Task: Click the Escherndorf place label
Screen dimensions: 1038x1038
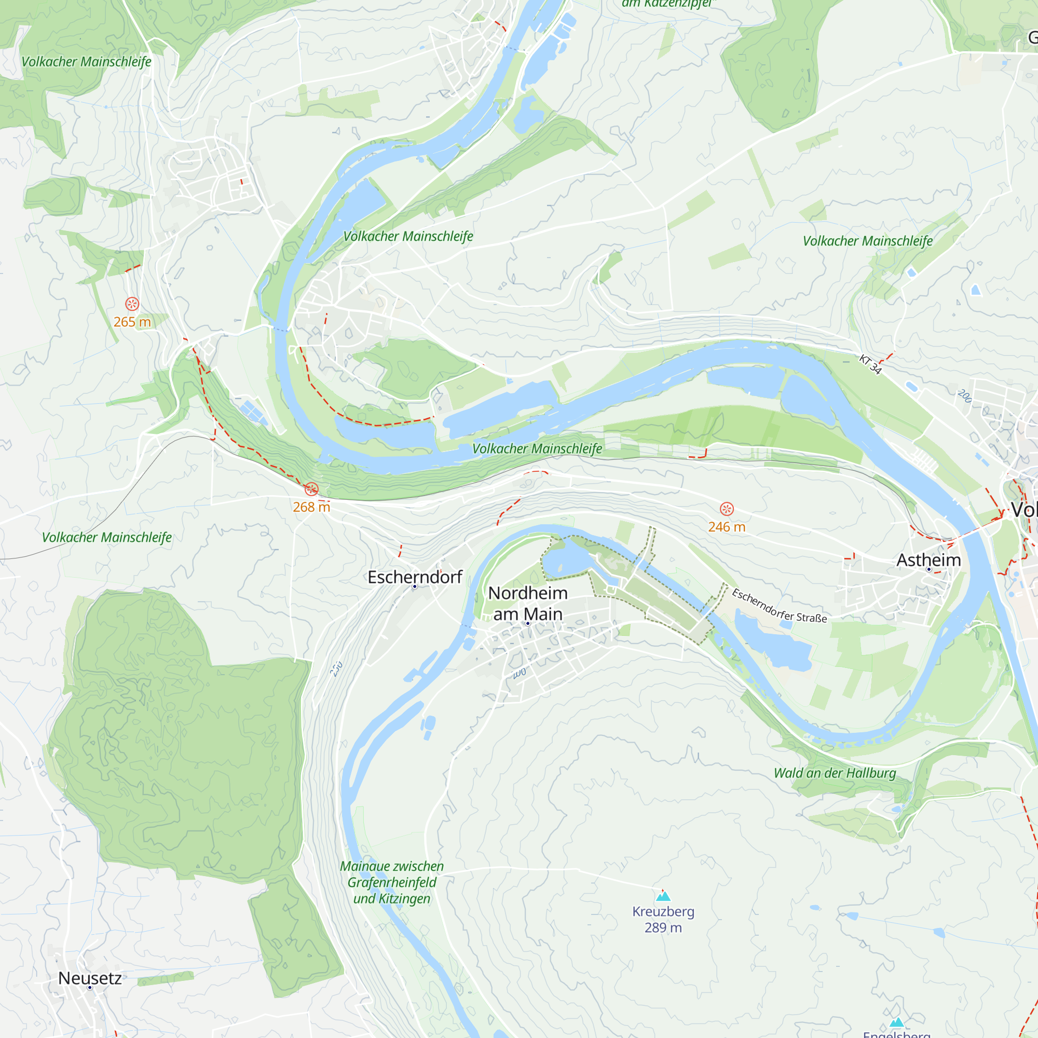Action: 415,577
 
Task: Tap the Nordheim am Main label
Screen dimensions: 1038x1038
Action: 528,604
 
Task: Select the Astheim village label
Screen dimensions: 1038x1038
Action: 928,560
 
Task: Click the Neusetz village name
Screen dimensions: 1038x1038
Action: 90,978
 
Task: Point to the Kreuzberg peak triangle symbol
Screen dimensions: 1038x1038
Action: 663,896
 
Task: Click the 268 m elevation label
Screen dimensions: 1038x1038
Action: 311,507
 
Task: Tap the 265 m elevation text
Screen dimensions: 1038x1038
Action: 132,322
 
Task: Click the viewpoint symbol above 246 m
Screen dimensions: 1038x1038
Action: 727,509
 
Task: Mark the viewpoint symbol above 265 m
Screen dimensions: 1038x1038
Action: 132,304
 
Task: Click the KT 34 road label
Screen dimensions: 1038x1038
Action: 870,364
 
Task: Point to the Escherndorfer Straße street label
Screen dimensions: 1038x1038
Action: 779,606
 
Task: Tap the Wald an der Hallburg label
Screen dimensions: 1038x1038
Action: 835,773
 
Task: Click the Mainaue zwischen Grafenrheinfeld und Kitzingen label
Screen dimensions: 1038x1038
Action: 392,882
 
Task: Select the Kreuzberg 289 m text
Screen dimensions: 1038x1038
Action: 663,919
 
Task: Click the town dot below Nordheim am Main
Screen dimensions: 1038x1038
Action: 528,623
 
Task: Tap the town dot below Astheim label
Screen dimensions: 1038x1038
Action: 928,569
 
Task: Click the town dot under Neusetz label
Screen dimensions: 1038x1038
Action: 90,988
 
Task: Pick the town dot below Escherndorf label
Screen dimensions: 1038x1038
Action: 414,586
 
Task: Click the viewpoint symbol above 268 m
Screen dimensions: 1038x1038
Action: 311,489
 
